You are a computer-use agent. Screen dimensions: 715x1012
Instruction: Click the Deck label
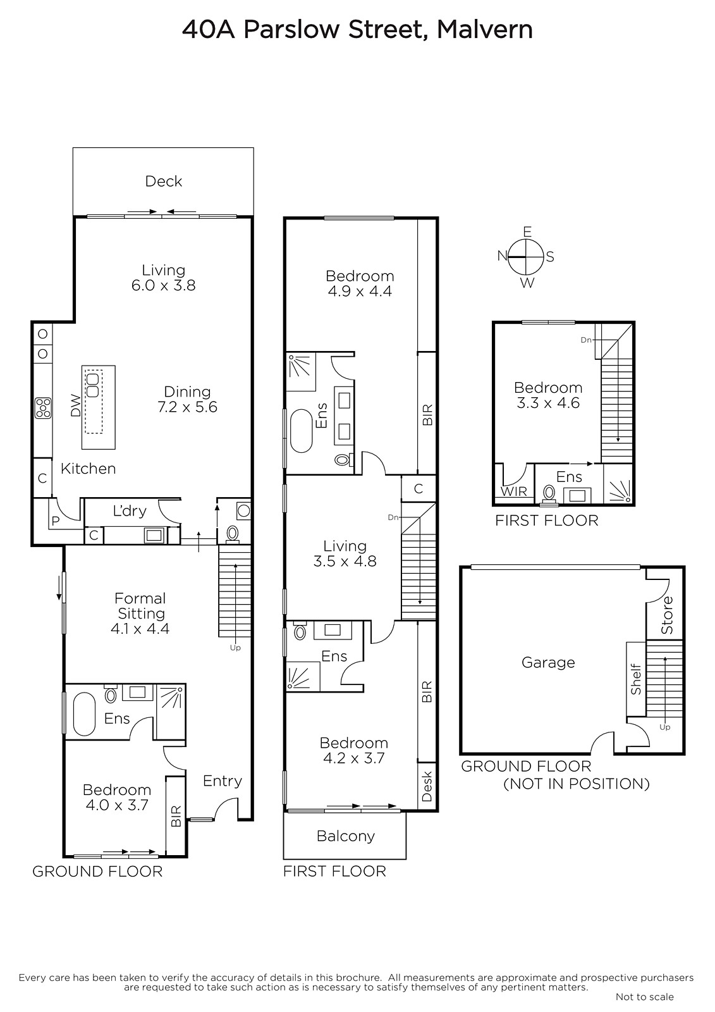pos(164,181)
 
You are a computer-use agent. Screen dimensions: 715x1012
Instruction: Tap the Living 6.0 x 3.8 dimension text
pos(164,285)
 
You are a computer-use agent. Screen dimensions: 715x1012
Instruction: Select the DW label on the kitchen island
pos(76,405)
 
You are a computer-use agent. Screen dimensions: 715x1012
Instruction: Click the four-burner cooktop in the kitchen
pos(44,407)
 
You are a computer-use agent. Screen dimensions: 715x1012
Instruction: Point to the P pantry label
pos(56,521)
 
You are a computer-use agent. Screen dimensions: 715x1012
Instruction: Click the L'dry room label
pos(130,510)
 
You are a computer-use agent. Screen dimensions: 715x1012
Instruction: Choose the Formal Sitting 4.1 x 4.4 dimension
pos(140,629)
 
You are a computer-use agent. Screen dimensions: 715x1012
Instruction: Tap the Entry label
pos(223,781)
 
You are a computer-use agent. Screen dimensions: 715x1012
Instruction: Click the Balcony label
pos(346,836)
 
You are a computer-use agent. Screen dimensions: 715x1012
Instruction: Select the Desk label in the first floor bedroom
pos(427,787)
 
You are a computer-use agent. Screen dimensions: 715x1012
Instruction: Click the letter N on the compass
pos(502,256)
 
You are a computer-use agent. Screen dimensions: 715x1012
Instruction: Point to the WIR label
pos(513,491)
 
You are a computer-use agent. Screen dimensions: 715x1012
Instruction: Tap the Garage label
pos(548,663)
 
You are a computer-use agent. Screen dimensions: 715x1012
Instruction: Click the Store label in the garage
pos(667,615)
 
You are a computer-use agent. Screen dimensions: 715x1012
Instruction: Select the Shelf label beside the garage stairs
pos(636,679)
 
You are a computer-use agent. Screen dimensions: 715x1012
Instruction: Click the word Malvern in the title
pos(485,30)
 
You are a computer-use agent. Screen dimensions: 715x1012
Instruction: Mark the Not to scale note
pos(645,997)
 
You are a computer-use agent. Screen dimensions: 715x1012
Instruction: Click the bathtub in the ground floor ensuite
pos(85,715)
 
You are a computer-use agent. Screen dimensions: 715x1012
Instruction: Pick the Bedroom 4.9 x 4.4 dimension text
pos(360,291)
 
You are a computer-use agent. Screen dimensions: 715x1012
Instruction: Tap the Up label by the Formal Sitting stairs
pos(235,648)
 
